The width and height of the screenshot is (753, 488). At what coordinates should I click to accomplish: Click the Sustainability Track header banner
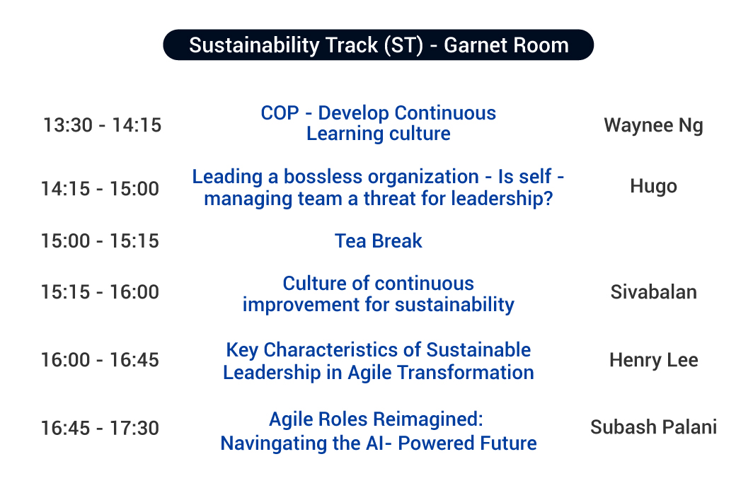[378, 45]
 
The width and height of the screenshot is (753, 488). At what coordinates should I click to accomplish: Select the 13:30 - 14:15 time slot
[102, 125]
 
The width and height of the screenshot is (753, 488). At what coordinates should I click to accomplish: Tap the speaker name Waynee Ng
[653, 125]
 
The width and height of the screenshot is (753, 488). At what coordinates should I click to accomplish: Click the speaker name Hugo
[653, 186]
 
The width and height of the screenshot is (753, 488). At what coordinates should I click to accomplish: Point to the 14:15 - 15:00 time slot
[100, 189]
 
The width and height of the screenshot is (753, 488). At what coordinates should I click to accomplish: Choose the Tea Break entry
[378, 240]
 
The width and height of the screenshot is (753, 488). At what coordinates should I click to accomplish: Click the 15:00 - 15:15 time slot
[100, 240]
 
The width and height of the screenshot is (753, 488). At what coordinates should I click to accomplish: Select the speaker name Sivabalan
[653, 292]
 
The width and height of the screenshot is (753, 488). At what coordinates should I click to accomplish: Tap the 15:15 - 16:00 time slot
[100, 292]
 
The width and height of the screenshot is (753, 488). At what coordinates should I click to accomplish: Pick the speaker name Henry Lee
[653, 360]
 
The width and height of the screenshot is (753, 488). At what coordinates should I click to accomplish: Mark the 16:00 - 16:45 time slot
[100, 360]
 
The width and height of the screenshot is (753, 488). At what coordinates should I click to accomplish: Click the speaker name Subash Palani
[653, 427]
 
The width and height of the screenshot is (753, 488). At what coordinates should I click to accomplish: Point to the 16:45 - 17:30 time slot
[100, 428]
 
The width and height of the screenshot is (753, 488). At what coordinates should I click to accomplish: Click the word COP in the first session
[280, 113]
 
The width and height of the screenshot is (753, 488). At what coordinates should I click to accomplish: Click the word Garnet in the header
[475, 45]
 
